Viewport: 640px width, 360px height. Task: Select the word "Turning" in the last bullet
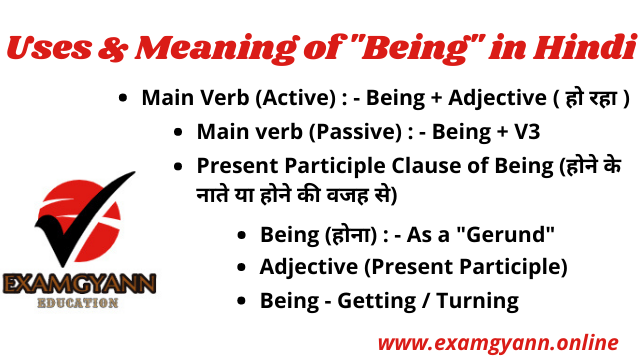tap(483, 300)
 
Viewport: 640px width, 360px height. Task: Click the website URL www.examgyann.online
tap(497, 342)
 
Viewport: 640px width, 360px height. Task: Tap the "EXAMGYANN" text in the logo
tap(78, 284)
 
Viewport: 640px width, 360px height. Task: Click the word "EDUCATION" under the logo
tap(78, 303)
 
